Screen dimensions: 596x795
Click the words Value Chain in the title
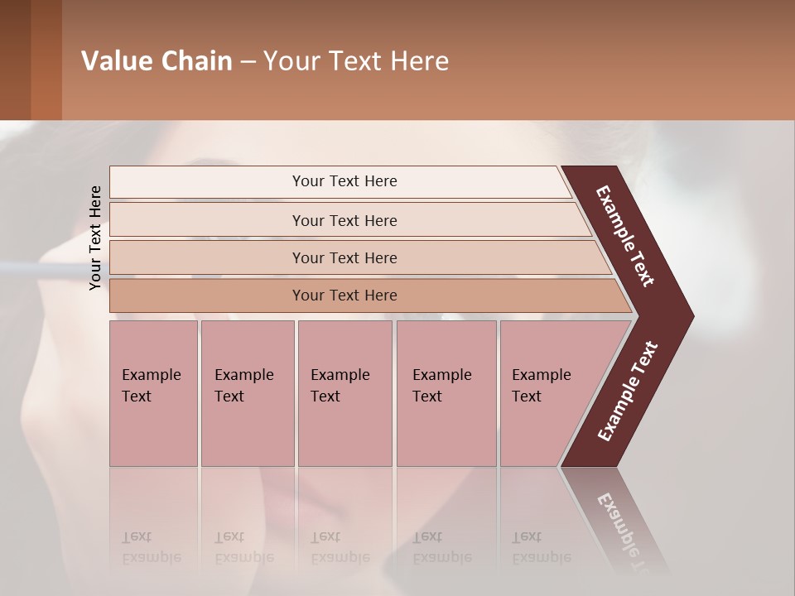[x=157, y=61]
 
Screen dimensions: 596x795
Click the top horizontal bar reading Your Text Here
[x=344, y=181]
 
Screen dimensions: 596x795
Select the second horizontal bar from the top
[x=344, y=220]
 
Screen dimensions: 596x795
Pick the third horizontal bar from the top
[x=344, y=257]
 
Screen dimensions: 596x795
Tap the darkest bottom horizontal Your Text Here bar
[x=344, y=296]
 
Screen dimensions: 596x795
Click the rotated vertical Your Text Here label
[x=95, y=238]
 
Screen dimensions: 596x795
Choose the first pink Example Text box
[x=153, y=393]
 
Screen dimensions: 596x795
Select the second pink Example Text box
[x=247, y=393]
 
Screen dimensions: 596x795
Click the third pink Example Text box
[x=344, y=393]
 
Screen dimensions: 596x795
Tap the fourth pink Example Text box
[x=446, y=393]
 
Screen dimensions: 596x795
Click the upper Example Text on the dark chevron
[x=625, y=236]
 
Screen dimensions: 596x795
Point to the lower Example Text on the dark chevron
[x=628, y=392]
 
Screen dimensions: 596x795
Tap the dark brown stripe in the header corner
[x=15, y=60]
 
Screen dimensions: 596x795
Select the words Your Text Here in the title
[x=356, y=61]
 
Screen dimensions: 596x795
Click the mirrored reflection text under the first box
[x=151, y=548]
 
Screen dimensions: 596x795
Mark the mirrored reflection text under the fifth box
[x=541, y=548]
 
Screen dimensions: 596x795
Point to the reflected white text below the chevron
[x=625, y=530]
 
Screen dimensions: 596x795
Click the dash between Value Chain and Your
[x=248, y=62]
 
